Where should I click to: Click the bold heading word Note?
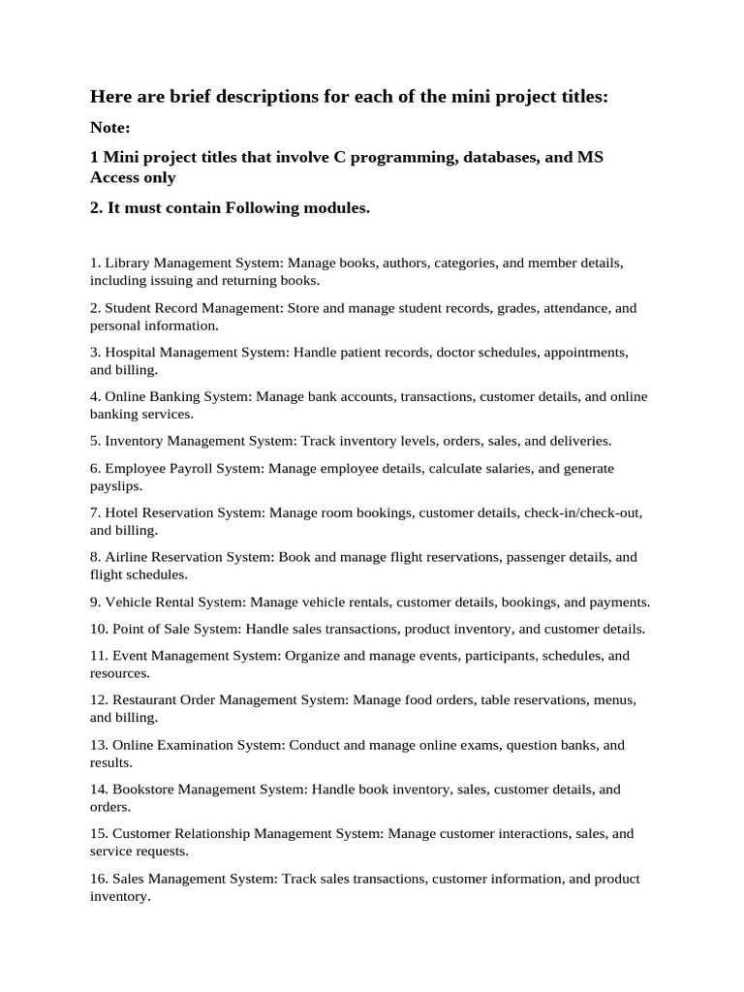click(x=109, y=127)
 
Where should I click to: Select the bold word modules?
click(x=334, y=208)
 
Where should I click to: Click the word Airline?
click(x=129, y=557)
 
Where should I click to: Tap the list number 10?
click(x=98, y=629)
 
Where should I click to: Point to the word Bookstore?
click(x=145, y=790)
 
